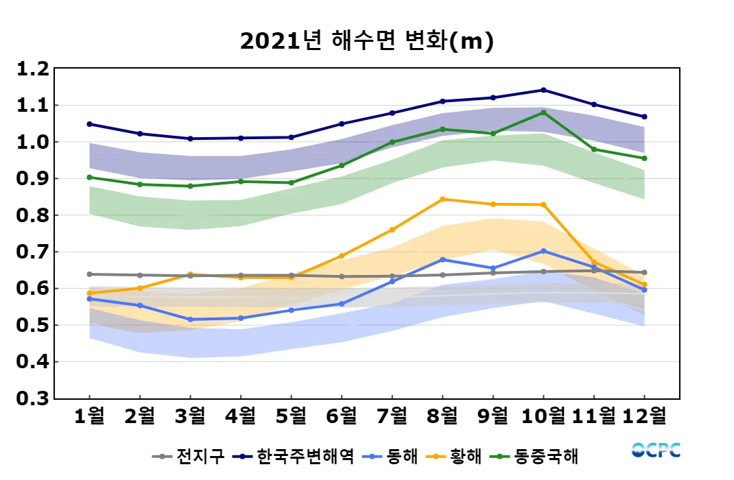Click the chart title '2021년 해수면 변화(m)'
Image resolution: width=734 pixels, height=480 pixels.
367,42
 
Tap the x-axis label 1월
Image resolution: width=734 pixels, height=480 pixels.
90,416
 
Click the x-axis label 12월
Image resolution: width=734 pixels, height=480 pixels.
644,416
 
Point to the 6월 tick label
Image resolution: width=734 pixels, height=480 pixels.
342,416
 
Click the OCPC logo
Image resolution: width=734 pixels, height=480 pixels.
656,451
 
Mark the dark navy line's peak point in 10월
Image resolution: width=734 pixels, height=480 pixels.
543,90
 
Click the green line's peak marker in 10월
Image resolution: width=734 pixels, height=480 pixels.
543,112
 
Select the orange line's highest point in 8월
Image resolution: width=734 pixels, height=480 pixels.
442,200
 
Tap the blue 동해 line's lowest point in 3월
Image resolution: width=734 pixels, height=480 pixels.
191,320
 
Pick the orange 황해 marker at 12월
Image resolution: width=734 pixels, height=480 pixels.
644,285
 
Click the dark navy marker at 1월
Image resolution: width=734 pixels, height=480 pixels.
90,124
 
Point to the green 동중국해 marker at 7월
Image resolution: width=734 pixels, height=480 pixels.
392,143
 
